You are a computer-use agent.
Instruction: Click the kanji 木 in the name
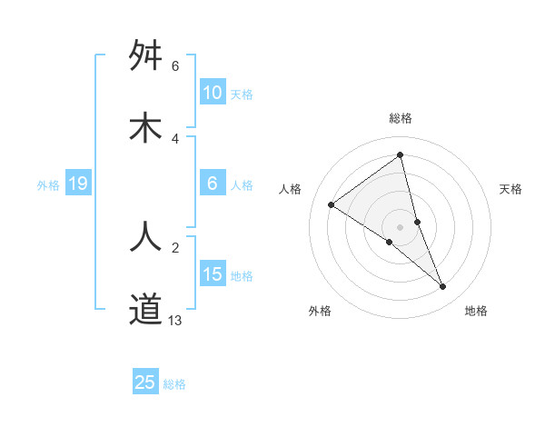pos(145,129)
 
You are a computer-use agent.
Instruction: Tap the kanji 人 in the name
pos(145,235)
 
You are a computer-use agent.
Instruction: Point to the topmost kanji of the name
pos(145,56)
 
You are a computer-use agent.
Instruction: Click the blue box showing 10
pos(212,93)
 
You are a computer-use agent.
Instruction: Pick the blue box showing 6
pos(212,184)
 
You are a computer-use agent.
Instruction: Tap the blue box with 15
pos(212,274)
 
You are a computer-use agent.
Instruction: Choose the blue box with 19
pos(78,184)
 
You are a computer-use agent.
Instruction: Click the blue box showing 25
pos(145,382)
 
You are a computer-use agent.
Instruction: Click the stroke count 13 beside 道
pos(175,320)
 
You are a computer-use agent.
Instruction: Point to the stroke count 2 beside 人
pos(175,247)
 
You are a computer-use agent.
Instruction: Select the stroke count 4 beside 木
pos(175,138)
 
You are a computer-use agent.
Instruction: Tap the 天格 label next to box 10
pos(242,94)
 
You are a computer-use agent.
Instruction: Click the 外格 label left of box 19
pos(48,185)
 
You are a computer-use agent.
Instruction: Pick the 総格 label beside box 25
pos(174,383)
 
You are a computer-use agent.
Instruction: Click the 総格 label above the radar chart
pos(400,118)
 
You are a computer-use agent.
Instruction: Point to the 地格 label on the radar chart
pos(476,311)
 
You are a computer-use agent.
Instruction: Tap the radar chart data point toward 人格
pos(332,204)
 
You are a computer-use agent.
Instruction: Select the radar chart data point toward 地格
pos(443,287)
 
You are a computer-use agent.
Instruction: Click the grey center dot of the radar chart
pos(400,226)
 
